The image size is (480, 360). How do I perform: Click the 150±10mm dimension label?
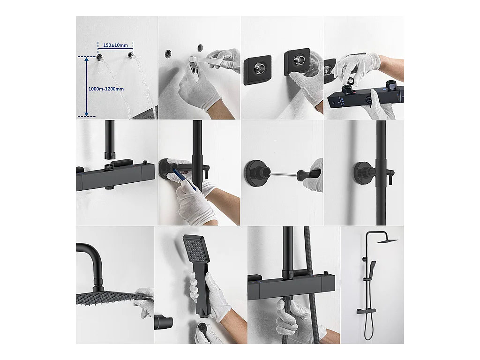(115, 45)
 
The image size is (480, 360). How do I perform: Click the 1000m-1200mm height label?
(106, 89)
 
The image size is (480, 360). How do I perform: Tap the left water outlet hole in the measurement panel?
(99, 57)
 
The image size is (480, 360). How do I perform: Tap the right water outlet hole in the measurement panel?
(131, 55)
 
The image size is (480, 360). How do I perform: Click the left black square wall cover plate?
(257, 70)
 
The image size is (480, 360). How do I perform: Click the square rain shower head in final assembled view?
(387, 241)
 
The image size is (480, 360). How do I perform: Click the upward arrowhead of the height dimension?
(87, 60)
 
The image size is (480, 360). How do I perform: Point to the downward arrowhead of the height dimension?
(87, 114)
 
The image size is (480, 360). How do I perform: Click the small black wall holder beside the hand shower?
(164, 322)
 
